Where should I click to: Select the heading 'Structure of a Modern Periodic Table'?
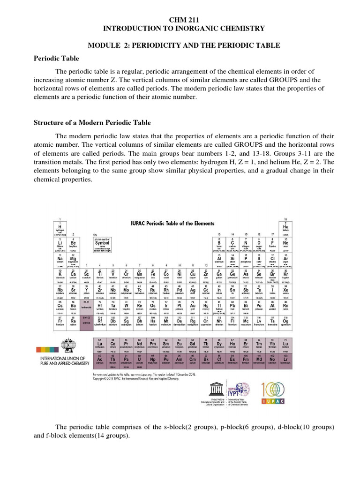pos(92,123)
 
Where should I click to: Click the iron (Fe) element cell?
pos(153,275)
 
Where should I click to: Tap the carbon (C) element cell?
pos(232,243)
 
